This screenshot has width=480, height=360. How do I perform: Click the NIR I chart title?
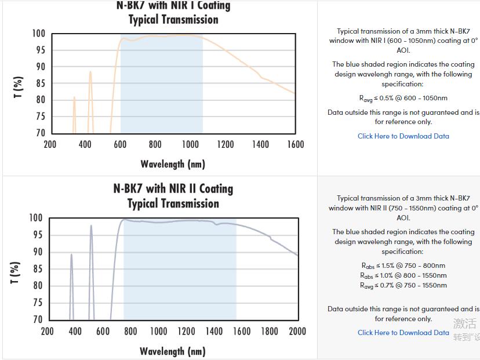click(x=173, y=12)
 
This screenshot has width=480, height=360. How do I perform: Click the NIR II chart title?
click(x=173, y=196)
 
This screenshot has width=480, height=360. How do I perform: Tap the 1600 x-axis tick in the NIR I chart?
click(x=295, y=144)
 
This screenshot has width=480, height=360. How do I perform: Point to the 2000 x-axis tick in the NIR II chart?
click(x=297, y=331)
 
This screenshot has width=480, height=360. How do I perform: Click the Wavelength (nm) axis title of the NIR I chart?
click(x=173, y=164)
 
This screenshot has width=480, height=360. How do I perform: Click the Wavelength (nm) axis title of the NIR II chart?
click(x=173, y=351)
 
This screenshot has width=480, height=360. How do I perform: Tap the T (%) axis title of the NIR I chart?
click(x=19, y=88)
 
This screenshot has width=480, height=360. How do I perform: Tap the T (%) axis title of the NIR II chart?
click(x=16, y=272)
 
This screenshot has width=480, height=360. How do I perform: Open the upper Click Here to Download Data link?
click(x=403, y=136)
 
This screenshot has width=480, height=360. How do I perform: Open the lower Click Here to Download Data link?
click(x=403, y=333)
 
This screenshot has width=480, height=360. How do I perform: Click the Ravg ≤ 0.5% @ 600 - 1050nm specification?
click(x=403, y=99)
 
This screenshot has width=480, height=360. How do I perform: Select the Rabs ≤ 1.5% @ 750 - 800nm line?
click(x=403, y=266)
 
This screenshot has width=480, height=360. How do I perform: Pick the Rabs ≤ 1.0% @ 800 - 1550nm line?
click(x=403, y=275)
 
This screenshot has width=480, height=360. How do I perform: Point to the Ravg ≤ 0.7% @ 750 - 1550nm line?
click(x=403, y=285)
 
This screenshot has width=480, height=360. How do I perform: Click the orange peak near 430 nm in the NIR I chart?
click(x=90, y=72)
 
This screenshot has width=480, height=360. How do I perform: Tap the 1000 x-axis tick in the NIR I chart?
click(x=190, y=144)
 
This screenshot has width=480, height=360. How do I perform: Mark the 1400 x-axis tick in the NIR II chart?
click(x=214, y=331)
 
